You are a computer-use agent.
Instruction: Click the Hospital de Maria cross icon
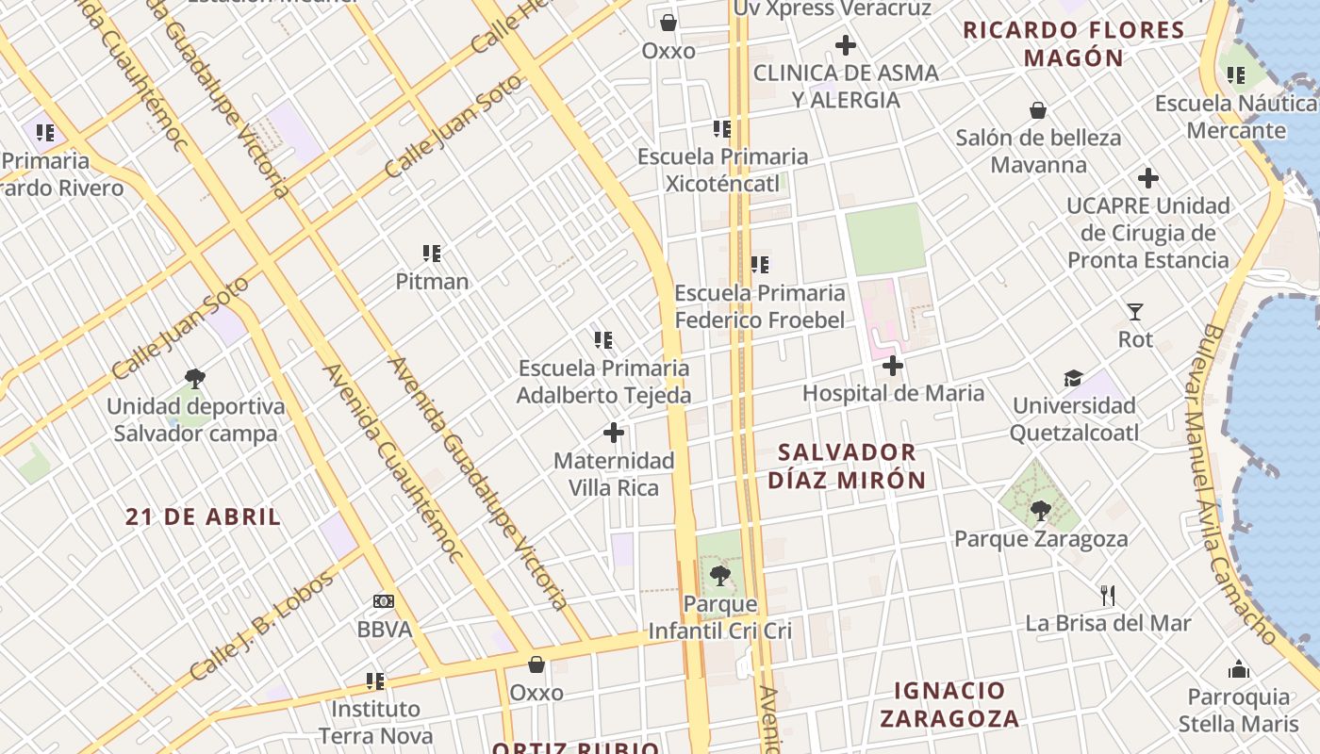click(893, 366)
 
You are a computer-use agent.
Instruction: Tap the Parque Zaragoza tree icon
click(1041, 511)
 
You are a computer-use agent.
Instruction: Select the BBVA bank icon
click(384, 601)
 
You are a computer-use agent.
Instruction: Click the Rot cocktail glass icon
click(1135, 311)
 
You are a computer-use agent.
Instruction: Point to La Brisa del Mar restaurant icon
click(1108, 596)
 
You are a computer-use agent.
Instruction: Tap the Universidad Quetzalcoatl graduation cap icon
click(1074, 379)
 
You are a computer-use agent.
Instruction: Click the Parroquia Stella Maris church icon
click(1239, 669)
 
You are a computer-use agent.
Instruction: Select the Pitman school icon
click(432, 254)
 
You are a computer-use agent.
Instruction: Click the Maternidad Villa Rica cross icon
click(614, 434)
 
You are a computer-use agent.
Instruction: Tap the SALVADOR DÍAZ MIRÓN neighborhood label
click(847, 467)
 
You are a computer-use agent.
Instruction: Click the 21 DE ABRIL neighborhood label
click(204, 516)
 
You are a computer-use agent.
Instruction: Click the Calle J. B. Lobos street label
click(262, 627)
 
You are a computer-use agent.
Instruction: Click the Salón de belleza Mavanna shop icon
click(1038, 111)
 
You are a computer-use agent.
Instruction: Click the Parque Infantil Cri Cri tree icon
click(720, 575)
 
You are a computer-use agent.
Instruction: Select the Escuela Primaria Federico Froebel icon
click(760, 266)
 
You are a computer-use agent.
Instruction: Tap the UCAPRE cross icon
click(1147, 178)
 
